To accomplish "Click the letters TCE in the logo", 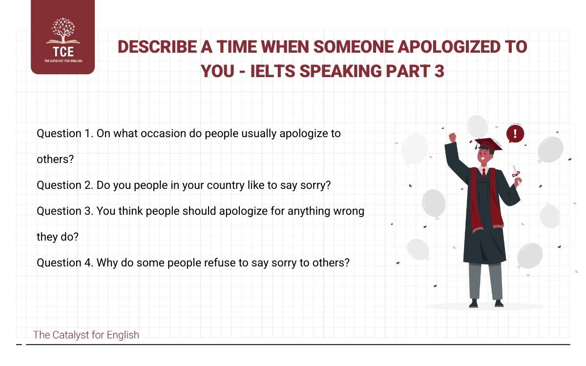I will coord(63,52).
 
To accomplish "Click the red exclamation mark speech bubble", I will coord(515,134).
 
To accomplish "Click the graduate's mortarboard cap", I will coord(488,143).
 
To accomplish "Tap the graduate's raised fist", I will coord(452,138).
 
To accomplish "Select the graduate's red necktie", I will coord(483,173).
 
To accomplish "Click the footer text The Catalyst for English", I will coord(86,335).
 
